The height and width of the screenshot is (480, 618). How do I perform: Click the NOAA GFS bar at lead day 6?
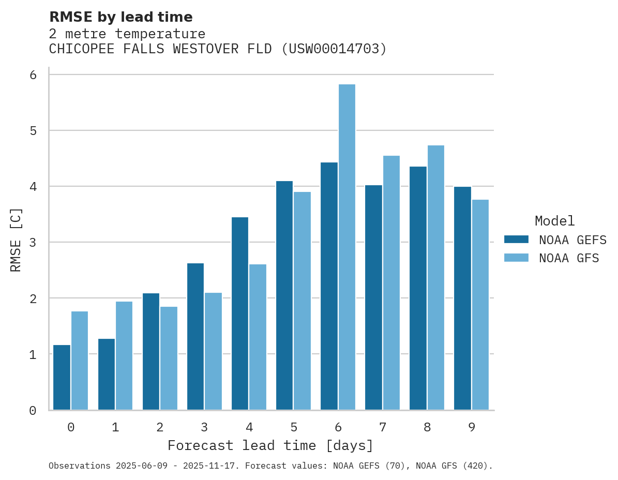346,247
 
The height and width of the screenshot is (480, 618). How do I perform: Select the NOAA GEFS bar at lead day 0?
62,377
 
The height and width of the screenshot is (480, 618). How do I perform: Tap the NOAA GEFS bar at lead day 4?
240,313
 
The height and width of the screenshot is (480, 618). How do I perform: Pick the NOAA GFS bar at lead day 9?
480,305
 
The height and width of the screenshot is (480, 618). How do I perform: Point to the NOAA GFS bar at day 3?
213,351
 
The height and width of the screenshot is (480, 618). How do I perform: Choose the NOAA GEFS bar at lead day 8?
418,288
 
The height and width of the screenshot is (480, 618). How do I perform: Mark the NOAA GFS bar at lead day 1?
124,355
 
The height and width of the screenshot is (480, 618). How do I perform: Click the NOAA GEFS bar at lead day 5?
284,295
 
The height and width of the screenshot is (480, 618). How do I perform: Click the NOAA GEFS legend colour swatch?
516,239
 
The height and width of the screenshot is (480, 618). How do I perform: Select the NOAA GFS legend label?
569,258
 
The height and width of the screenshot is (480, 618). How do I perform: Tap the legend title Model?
555,221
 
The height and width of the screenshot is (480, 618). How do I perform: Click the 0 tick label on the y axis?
33,411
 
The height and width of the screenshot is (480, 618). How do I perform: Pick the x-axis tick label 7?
383,427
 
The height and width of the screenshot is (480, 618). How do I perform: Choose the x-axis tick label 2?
160,427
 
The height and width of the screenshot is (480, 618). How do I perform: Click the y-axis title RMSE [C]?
16,239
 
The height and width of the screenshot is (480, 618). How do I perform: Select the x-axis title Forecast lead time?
270,445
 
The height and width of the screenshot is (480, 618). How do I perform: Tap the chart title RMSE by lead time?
121,17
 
